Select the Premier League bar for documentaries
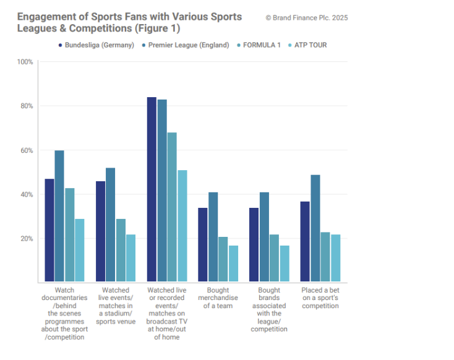click(59, 216)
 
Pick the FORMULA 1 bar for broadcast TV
click(172, 207)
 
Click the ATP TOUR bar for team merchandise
click(233, 264)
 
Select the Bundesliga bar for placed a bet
click(305, 241)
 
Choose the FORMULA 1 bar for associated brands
click(274, 258)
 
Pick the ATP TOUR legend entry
click(310, 45)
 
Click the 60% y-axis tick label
click(27, 150)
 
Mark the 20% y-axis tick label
click(27, 239)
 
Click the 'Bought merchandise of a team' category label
click(218, 298)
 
